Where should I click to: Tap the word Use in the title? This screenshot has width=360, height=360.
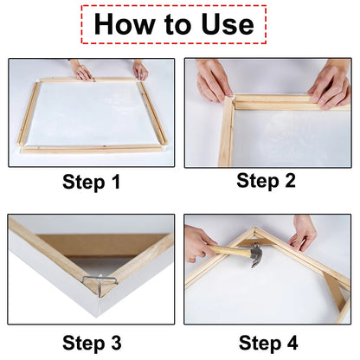pos(224,23)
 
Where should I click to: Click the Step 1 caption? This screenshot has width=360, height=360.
pos(91,182)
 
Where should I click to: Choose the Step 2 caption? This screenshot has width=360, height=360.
pos(267,181)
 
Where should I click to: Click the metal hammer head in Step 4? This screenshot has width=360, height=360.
pos(257,257)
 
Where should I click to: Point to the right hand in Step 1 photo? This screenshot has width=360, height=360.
pos(139,70)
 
